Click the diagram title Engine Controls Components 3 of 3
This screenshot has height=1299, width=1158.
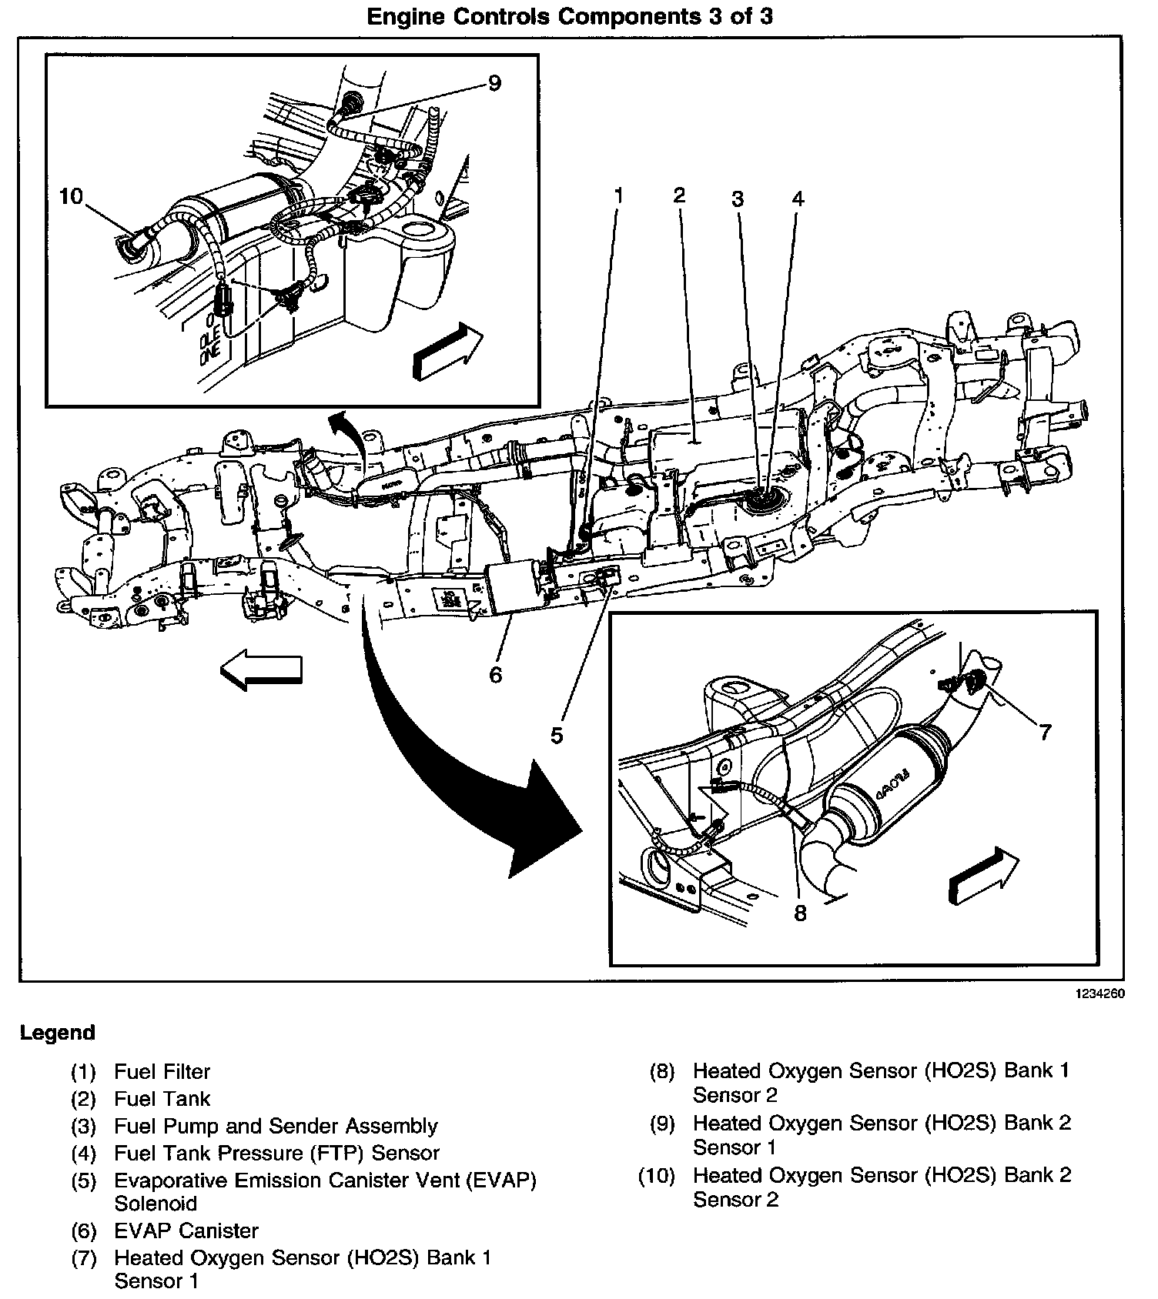[x=570, y=16]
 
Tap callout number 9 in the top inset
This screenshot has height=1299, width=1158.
[x=494, y=82]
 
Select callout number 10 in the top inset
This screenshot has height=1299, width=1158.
[x=71, y=196]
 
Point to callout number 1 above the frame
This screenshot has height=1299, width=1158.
[x=617, y=196]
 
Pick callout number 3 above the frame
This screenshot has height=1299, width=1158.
[x=738, y=199]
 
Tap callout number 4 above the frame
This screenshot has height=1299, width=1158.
[x=798, y=199]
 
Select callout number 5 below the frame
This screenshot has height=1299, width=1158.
[x=557, y=736]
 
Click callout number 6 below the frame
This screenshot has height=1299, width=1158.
[x=495, y=675]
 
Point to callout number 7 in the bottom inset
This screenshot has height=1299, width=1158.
[x=1045, y=732]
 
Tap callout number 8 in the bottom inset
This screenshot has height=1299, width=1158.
[x=800, y=913]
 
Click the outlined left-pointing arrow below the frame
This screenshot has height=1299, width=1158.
[x=261, y=669]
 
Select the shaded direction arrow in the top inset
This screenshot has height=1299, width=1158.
[x=447, y=350]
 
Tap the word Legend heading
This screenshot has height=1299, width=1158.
[x=58, y=1033]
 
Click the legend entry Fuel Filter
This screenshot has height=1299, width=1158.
[x=162, y=1071]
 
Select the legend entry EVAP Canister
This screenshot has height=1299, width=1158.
[x=186, y=1231]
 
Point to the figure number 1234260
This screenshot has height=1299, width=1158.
[x=1100, y=994]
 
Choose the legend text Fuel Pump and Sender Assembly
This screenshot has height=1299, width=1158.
[x=276, y=1126]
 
